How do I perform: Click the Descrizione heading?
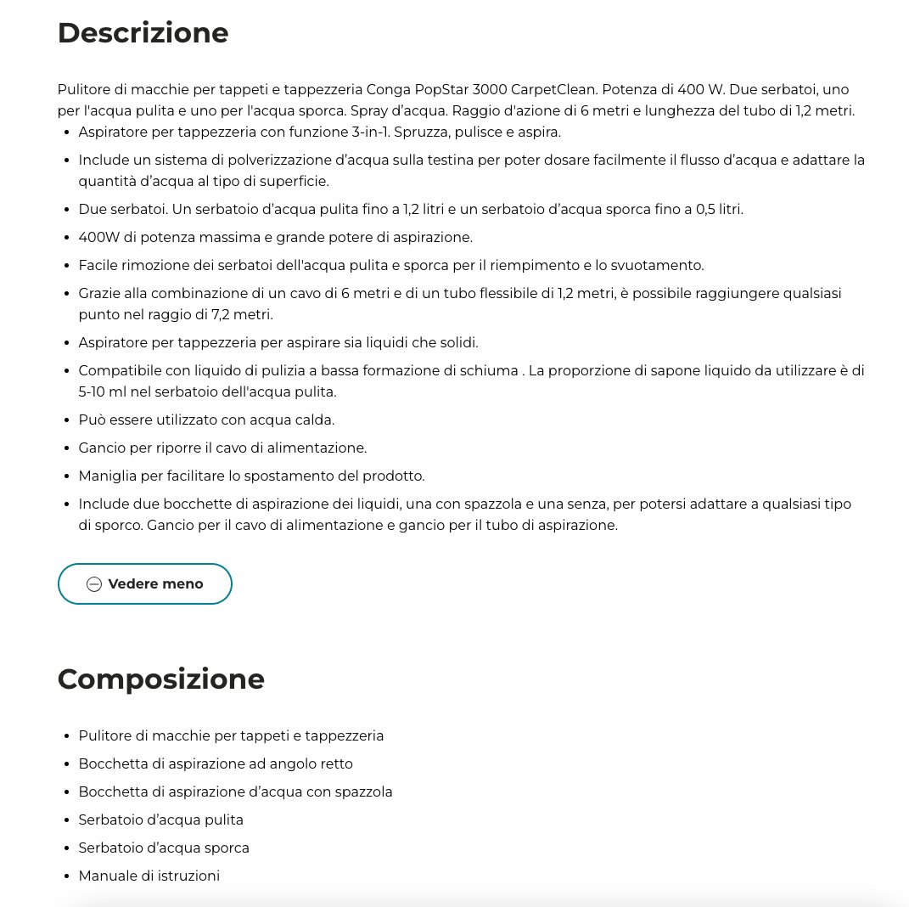pos(143,33)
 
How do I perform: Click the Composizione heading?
pos(160,679)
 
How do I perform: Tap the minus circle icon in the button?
pos(94,584)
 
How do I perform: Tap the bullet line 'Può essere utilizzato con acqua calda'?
pos(206,420)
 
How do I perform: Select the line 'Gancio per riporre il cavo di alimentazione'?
pos(222,448)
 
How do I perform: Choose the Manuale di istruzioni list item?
pos(149,876)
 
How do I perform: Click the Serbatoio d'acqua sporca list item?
pos(164,848)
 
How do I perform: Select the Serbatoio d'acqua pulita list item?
pos(160,820)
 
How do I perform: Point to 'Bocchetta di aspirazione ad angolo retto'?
pos(216,763)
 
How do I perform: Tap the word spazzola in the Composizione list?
pos(364,792)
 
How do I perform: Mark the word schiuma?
pos(491,370)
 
